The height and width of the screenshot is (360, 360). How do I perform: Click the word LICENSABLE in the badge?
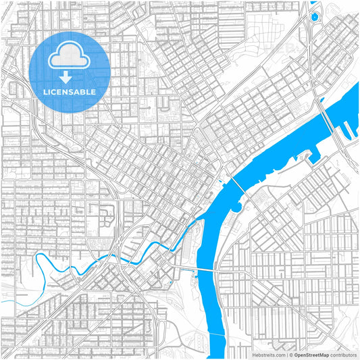(x=70, y=91)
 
